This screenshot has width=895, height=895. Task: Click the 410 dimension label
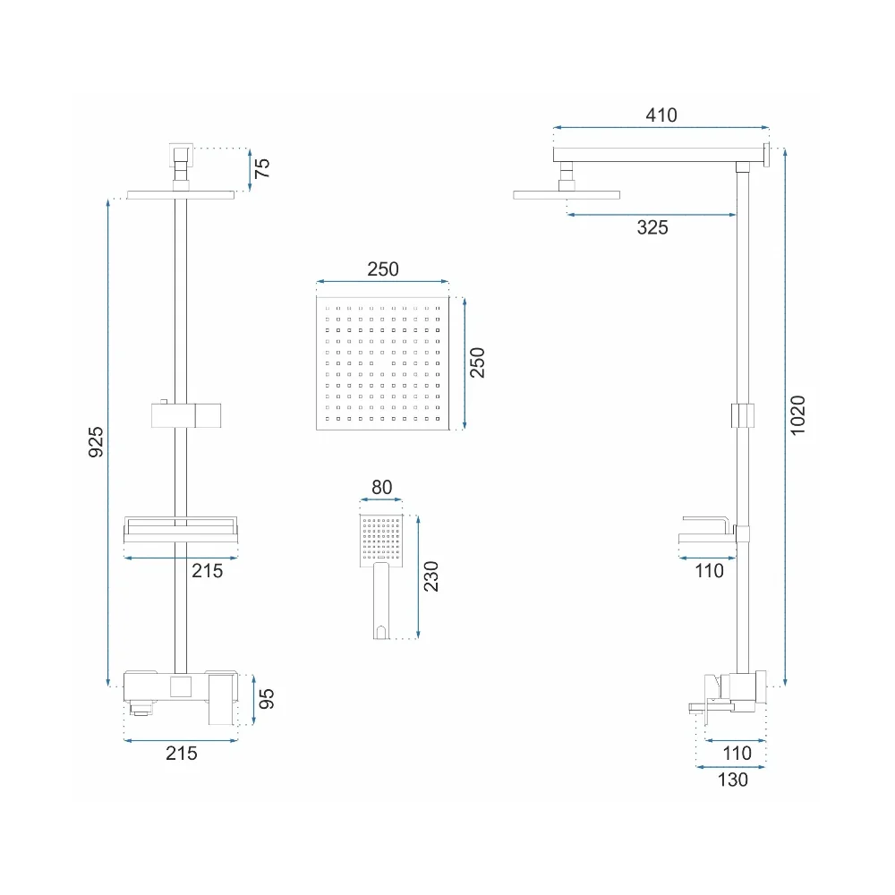(x=661, y=115)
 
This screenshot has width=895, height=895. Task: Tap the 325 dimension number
(x=652, y=227)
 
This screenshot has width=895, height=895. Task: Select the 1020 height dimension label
(x=797, y=415)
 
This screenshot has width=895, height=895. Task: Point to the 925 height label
(x=96, y=442)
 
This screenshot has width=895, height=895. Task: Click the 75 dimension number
(x=261, y=168)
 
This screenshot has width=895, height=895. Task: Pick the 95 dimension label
(x=267, y=699)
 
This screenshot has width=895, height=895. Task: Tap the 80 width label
(x=382, y=488)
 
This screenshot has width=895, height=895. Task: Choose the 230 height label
(x=431, y=576)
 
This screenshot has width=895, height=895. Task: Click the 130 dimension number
(x=732, y=780)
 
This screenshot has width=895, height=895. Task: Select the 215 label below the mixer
(x=182, y=754)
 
